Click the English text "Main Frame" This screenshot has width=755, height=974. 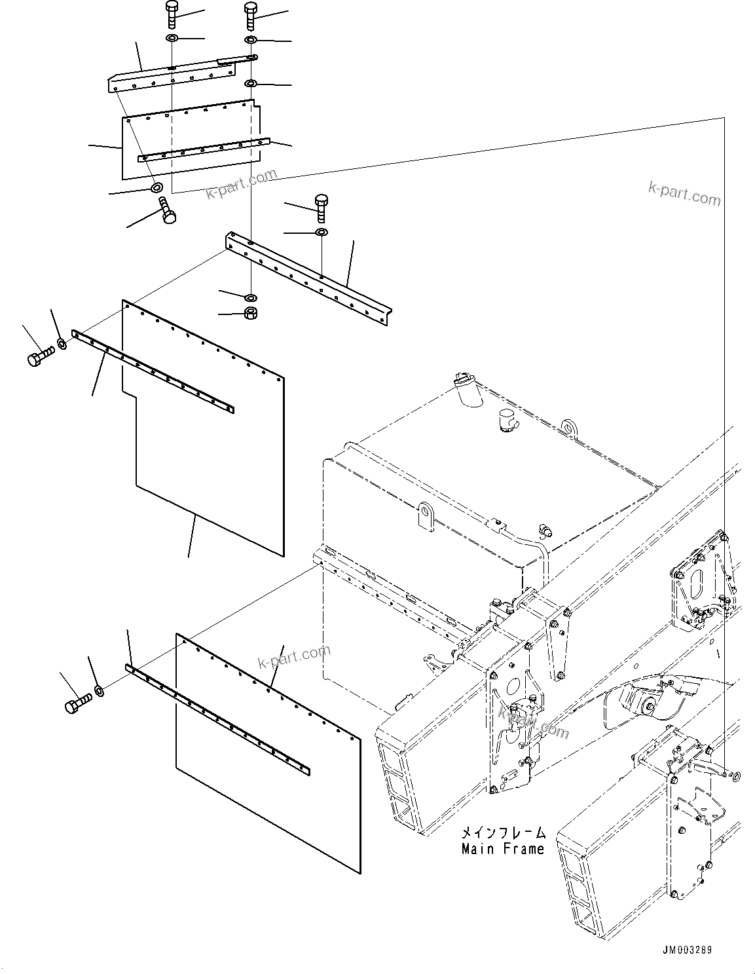pyautogui.click(x=502, y=849)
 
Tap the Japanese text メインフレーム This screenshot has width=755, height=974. pyautogui.click(x=503, y=833)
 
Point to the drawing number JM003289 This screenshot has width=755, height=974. pyautogui.click(x=687, y=949)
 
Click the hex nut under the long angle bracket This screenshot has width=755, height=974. pyautogui.click(x=250, y=313)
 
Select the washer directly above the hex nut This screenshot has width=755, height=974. pyautogui.click(x=250, y=298)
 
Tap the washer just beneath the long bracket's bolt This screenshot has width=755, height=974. pyautogui.click(x=321, y=233)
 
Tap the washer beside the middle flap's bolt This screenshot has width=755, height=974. pyautogui.click(x=62, y=343)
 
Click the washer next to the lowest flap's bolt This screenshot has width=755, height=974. pyautogui.click(x=98, y=690)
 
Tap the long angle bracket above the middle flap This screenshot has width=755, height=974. pyautogui.click(x=308, y=278)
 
